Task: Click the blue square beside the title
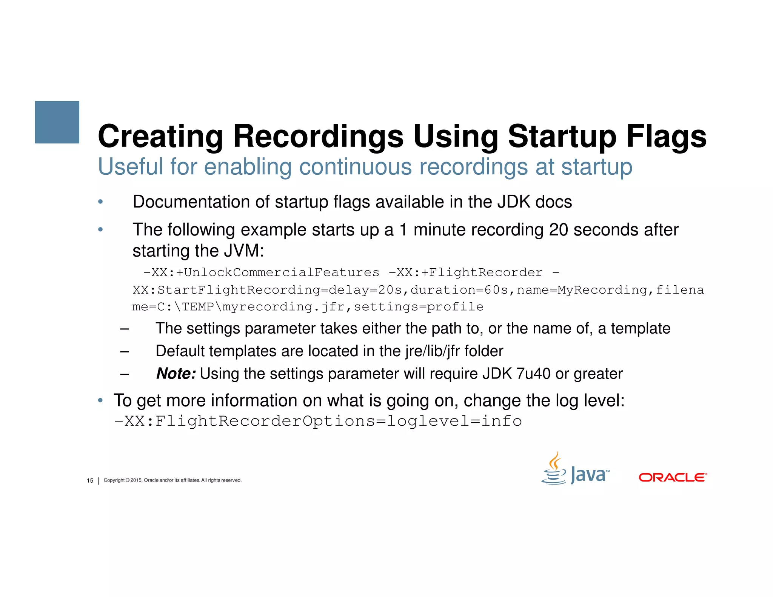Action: [x=57, y=122]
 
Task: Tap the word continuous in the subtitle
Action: [x=355, y=166]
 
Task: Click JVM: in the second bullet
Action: [x=244, y=251]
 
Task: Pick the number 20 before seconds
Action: [x=558, y=230]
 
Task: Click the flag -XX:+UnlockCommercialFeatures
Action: [x=262, y=272]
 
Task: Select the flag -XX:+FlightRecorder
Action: [x=466, y=272]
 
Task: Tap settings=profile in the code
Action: [x=419, y=306]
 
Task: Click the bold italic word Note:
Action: [x=176, y=374]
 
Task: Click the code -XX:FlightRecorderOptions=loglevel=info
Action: [x=318, y=421]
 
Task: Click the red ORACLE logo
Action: [x=673, y=477]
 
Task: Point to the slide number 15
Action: [x=90, y=480]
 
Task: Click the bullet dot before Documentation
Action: [x=100, y=202]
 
